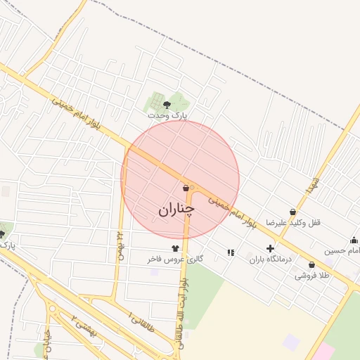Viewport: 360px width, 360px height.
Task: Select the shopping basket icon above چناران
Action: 186,188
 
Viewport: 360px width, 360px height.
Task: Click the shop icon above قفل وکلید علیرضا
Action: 292,212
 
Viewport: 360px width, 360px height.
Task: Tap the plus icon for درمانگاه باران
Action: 270,248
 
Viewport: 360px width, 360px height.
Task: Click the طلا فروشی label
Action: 312,276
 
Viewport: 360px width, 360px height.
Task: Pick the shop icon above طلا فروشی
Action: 311,265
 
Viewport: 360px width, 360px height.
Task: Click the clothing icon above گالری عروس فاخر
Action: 175,248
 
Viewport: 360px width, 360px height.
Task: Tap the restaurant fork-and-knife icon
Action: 230,252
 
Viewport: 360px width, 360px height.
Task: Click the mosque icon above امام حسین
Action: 354,240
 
